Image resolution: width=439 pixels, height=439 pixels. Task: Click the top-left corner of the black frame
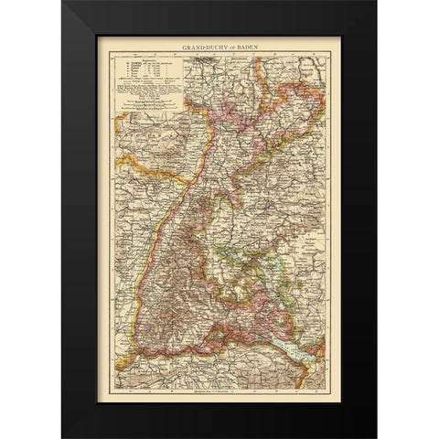tap(64, 3)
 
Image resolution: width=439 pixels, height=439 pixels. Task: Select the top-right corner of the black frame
tap(375, 3)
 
